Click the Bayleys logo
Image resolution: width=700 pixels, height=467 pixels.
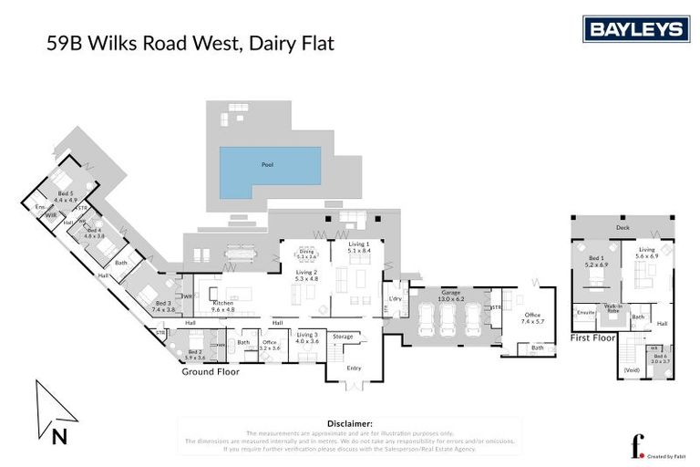(x=635, y=30)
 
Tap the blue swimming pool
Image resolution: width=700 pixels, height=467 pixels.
(x=269, y=170)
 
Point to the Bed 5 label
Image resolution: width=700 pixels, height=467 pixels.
(x=66, y=194)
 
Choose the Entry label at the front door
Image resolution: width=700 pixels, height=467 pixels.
(x=355, y=368)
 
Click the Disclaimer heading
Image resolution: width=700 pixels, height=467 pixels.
(x=349, y=423)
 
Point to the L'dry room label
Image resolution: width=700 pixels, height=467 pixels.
(x=396, y=299)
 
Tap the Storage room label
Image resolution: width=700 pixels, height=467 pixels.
(x=343, y=337)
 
